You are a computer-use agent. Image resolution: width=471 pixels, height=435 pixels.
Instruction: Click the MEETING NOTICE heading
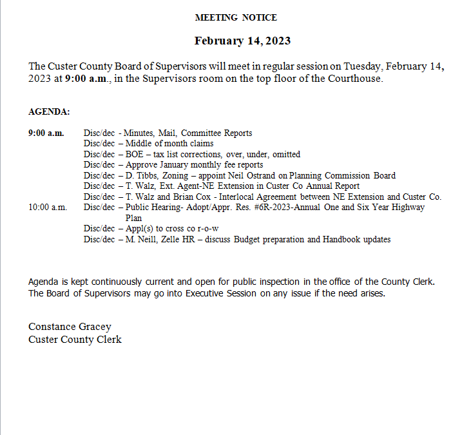click(236, 17)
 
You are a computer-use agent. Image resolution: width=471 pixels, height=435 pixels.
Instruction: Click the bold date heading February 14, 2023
click(242, 41)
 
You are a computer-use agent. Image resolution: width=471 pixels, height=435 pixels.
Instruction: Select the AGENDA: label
click(49, 112)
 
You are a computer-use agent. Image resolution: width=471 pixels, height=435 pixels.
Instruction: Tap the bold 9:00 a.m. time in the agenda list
click(46, 133)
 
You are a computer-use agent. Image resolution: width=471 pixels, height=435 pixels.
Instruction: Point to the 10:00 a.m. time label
click(48, 208)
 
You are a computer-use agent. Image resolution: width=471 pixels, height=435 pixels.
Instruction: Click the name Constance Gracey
click(70, 327)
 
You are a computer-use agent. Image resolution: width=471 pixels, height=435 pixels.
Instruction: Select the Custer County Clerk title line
click(75, 340)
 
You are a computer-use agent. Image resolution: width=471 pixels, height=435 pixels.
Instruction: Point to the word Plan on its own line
click(133, 218)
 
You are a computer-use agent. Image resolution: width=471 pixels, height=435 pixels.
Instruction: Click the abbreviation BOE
click(135, 155)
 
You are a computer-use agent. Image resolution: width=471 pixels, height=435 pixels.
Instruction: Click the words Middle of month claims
click(169, 144)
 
